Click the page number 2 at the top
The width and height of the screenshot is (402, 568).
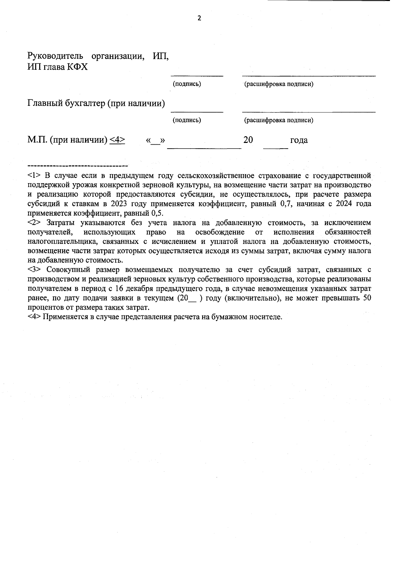click(199, 18)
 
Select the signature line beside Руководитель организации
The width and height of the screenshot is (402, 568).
click(197, 75)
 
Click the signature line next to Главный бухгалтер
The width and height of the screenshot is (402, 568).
click(197, 111)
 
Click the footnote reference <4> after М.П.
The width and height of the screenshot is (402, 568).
click(117, 140)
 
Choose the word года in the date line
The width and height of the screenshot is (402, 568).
click(299, 140)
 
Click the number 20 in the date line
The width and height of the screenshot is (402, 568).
click(248, 140)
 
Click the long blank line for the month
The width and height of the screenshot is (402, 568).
click(204, 147)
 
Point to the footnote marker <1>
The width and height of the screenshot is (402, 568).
click(34, 175)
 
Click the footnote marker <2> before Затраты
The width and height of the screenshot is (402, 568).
click(34, 223)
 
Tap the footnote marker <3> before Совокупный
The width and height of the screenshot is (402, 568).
click(34, 270)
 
